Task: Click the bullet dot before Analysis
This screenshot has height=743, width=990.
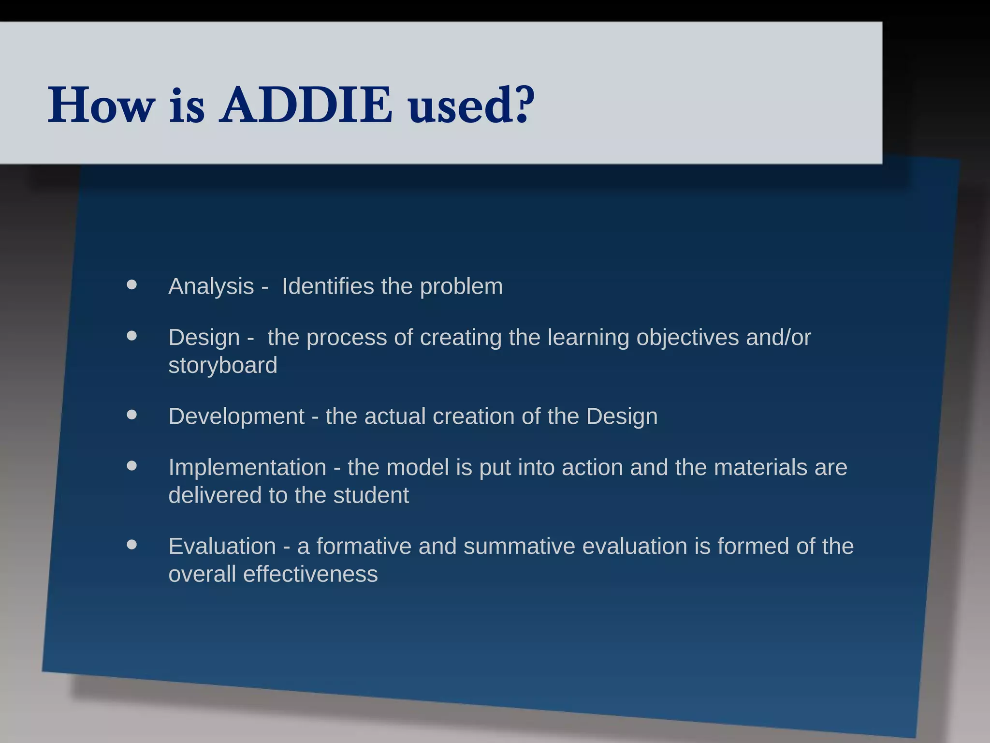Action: point(131,285)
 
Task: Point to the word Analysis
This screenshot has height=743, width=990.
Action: point(211,286)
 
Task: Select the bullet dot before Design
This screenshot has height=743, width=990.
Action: point(131,336)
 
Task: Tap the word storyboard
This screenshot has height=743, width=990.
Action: point(223,365)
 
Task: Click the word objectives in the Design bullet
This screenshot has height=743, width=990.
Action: point(687,338)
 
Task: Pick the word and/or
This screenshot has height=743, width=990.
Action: point(778,338)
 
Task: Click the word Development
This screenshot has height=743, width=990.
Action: point(236,416)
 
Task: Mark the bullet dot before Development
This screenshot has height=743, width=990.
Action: point(131,415)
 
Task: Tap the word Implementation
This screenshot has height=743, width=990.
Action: point(247,468)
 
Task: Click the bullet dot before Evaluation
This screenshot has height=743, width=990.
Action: point(131,545)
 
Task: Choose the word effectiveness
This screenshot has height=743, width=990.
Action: point(310,575)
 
